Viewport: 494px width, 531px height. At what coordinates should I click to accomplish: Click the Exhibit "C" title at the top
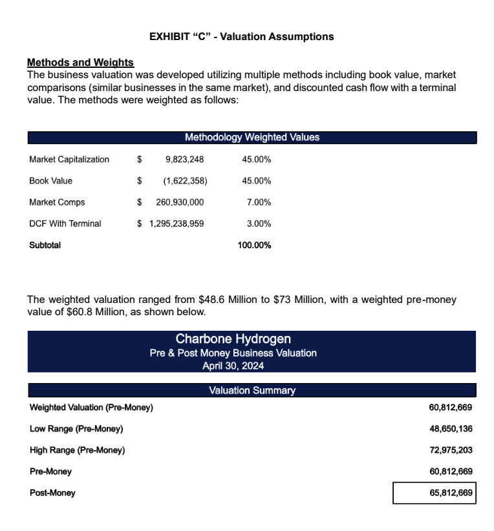[241, 37]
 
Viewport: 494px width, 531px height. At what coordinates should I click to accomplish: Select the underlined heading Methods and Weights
[80, 63]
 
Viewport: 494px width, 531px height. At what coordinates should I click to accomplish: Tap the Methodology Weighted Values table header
[252, 138]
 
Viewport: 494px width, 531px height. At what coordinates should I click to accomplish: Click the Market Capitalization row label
[69, 160]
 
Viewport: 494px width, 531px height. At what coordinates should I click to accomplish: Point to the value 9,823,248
[184, 160]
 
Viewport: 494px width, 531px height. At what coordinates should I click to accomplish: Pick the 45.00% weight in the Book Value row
[256, 181]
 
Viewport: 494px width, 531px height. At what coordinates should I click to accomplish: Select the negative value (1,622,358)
[185, 181]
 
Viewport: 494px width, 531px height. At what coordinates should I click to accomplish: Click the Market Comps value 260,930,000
[180, 202]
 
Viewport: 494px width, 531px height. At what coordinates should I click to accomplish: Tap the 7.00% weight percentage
[259, 202]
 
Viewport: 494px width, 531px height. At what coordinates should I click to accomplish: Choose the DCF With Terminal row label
[65, 224]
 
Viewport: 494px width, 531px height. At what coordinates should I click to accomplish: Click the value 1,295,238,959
[177, 224]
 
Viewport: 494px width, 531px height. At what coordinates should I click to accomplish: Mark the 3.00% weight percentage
[259, 224]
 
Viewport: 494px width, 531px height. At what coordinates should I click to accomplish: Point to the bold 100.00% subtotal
[254, 245]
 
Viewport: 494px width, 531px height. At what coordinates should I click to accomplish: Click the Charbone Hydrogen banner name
[233, 339]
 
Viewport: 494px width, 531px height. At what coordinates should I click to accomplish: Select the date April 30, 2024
[233, 366]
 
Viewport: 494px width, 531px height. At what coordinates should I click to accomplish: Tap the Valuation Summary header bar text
[252, 390]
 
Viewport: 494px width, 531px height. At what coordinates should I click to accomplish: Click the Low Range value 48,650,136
[451, 429]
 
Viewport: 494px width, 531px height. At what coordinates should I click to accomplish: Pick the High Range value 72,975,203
[451, 450]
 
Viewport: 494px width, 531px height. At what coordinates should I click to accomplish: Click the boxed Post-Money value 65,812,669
[451, 493]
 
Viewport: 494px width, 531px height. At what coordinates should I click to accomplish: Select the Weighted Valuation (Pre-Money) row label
[91, 408]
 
